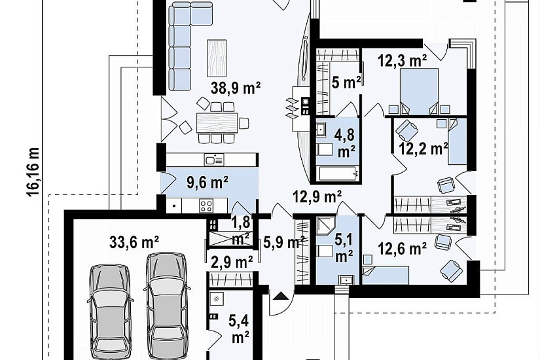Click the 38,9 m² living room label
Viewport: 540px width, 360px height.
pos(235,88)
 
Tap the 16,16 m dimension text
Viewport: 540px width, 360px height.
pos(34,172)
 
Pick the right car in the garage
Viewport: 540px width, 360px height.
pos(167,306)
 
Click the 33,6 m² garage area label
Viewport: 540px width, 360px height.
pos(134,242)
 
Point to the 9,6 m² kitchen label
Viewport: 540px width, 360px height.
pos(207,182)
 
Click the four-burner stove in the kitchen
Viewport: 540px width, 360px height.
pos(206,206)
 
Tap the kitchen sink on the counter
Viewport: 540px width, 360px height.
pos(214,160)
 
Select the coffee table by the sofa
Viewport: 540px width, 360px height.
pos(217,58)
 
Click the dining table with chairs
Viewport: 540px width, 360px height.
pos(217,123)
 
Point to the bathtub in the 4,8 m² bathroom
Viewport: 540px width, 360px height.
pos(338,173)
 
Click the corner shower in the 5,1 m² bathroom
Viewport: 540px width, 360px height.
pos(326,225)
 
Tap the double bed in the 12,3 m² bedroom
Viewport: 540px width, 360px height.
pos(419,91)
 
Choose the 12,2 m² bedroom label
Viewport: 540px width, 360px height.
pos(423,149)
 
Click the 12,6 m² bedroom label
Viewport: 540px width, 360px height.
pos(403,248)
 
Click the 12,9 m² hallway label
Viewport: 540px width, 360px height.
pos(317,197)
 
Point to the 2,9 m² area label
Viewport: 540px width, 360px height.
pos(232,262)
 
